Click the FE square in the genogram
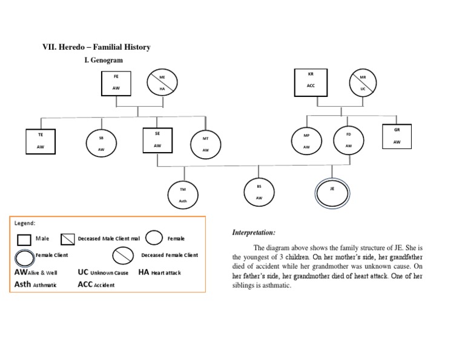point(116,83)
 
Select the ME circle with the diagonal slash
point(162,83)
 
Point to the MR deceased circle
point(363,83)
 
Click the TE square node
point(41,141)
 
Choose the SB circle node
point(101,143)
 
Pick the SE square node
point(157,140)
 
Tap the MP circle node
point(306,141)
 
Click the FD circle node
point(349,140)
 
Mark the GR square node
point(397,136)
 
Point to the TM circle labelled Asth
point(183,195)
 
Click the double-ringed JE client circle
point(332,193)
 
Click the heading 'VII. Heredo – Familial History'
point(96,47)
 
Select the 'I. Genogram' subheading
point(104,60)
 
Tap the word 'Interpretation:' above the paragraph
point(254,233)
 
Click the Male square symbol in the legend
point(24,239)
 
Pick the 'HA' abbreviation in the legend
point(143,272)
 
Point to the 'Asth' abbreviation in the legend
point(22,284)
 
